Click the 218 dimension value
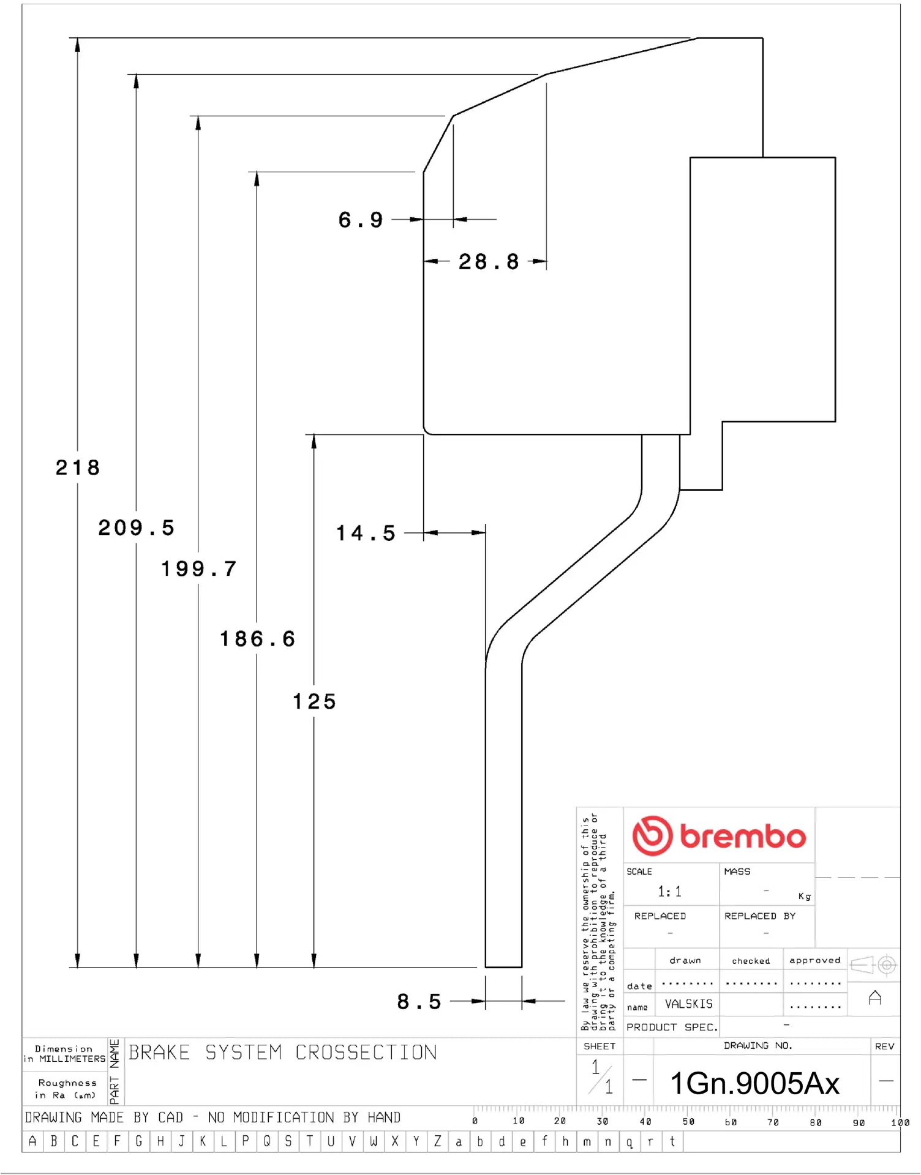pyautogui.click(x=78, y=468)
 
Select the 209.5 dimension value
pyautogui.click(x=137, y=528)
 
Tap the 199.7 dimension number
pyautogui.click(x=198, y=569)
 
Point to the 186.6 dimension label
pyautogui.click(x=257, y=640)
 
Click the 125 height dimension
pyautogui.click(x=314, y=702)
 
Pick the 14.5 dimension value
pyautogui.click(x=366, y=534)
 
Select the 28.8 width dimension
pyautogui.click(x=489, y=262)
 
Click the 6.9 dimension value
pyautogui.click(x=361, y=220)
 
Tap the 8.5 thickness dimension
pyautogui.click(x=419, y=1002)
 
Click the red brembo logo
pyautogui.click(x=719, y=836)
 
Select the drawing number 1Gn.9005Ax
pyautogui.click(x=754, y=1084)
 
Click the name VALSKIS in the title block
pyautogui.click(x=689, y=1004)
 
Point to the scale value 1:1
pyautogui.click(x=669, y=892)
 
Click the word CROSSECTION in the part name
pyautogui.click(x=366, y=1053)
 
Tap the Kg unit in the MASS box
pyautogui.click(x=804, y=897)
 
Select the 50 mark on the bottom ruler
pyautogui.click(x=688, y=1122)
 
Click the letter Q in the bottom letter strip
pyautogui.click(x=267, y=1141)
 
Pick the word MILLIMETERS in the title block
pyautogui.click(x=72, y=1059)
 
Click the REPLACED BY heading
pyautogui.click(x=759, y=916)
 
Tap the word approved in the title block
pyautogui.click(x=814, y=960)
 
